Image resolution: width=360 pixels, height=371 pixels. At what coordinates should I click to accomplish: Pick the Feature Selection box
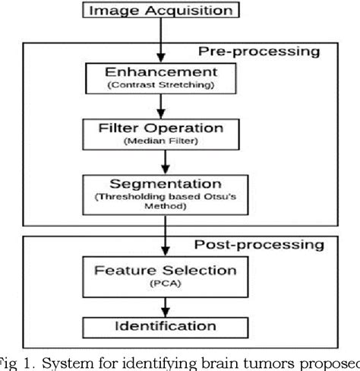pos(165,276)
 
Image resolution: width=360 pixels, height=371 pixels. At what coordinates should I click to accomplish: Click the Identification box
pos(165,327)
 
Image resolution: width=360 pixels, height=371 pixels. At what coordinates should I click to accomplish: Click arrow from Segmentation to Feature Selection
pos(164,237)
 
